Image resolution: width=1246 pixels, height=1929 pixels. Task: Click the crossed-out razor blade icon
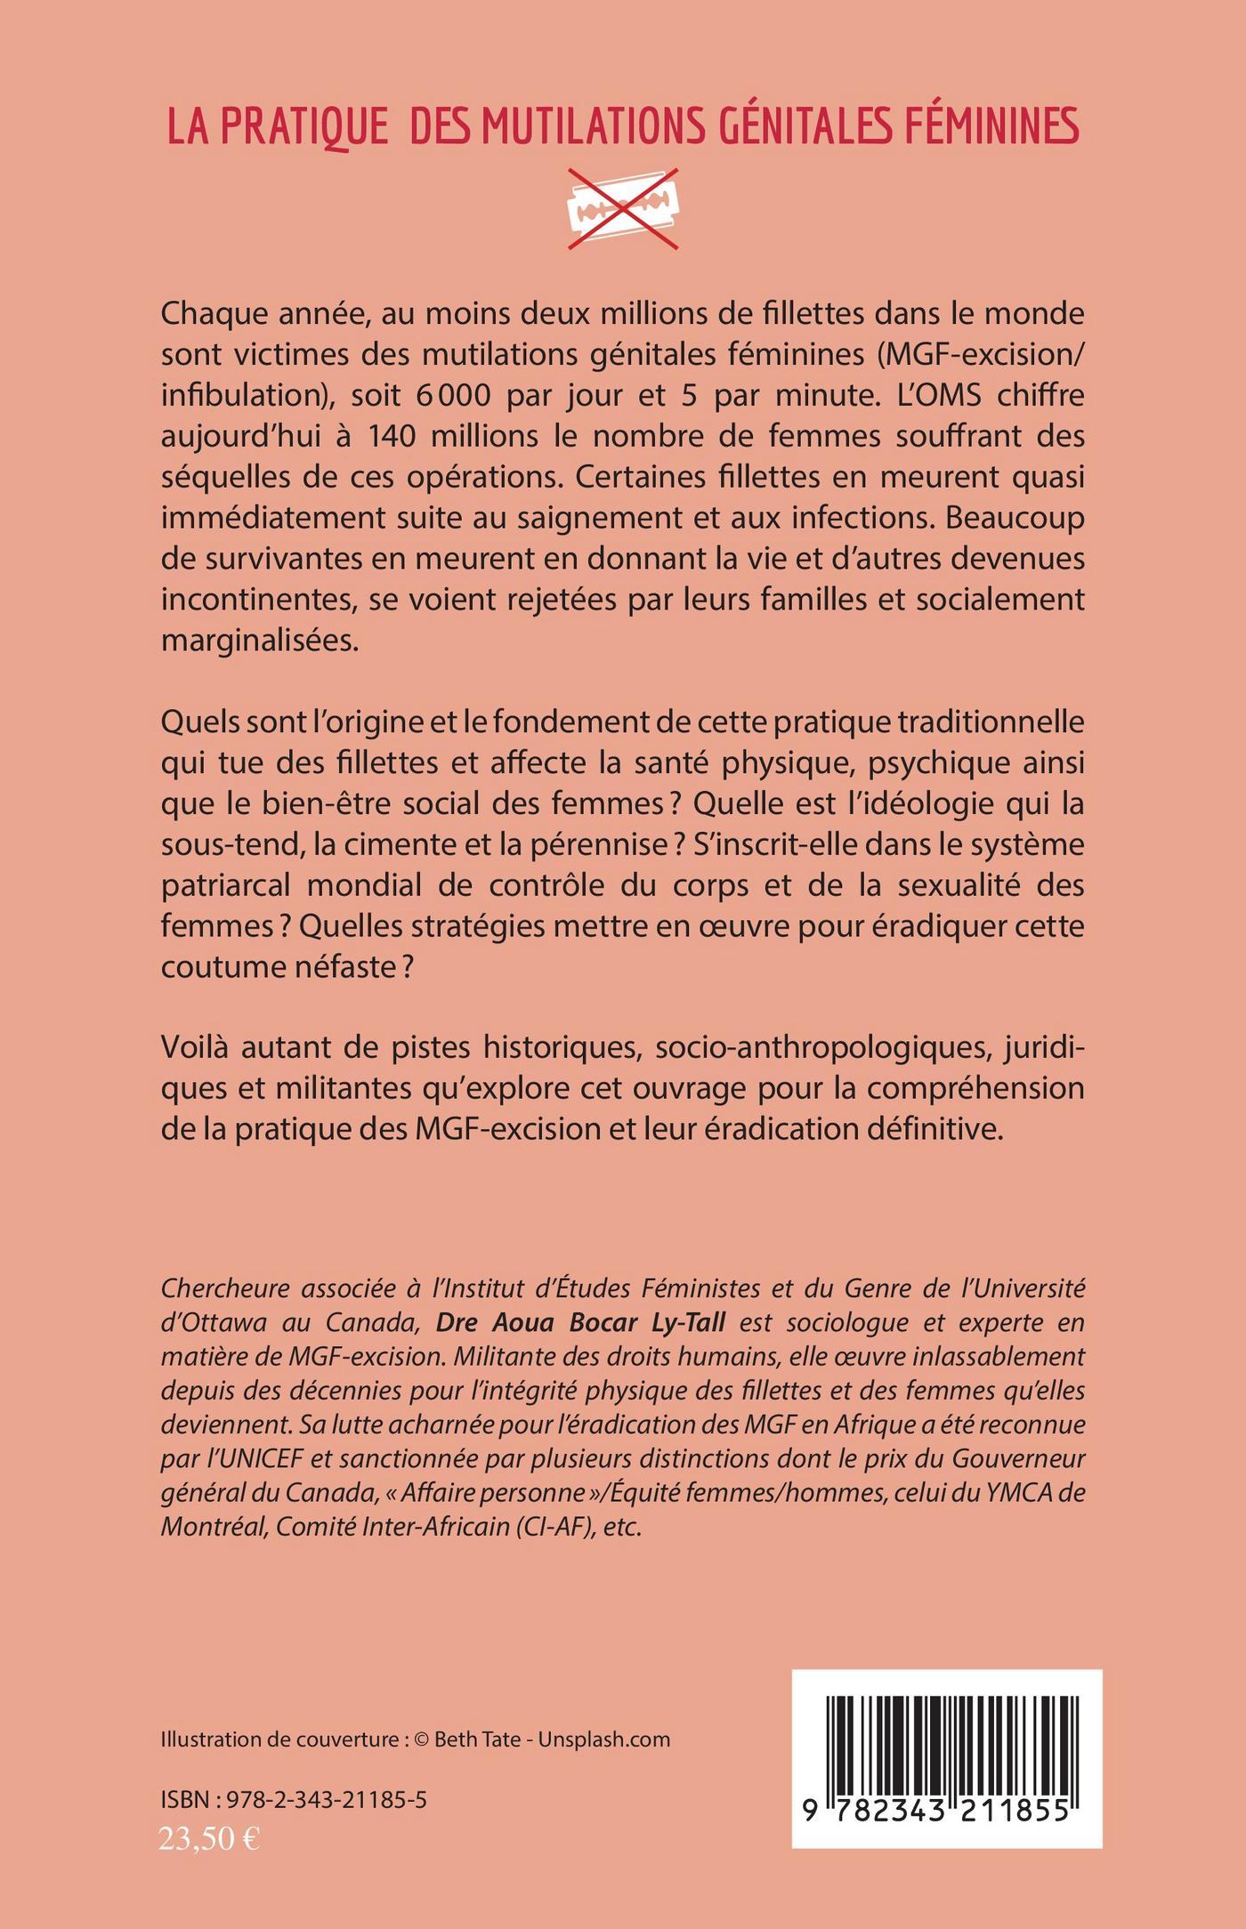pyautogui.click(x=623, y=208)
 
